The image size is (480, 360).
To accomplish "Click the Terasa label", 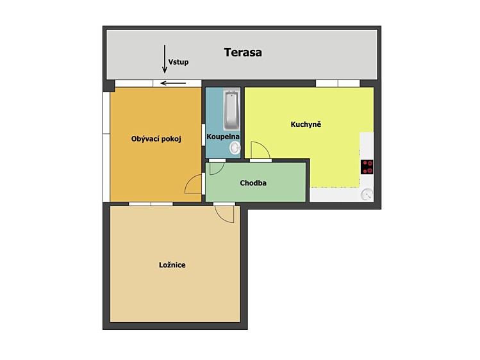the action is (243, 53).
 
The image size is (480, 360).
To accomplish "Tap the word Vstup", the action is (178, 62).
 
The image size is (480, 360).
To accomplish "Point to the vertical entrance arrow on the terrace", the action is (165, 59).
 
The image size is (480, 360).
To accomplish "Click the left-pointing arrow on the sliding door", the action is (173, 83).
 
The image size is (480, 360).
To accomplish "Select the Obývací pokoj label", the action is (156, 139).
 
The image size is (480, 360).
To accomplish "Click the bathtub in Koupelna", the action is (232, 110).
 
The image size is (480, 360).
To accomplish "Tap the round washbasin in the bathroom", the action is (235, 149).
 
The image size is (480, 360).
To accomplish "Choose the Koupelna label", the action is (223, 136).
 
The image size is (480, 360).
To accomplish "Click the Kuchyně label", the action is (306, 124).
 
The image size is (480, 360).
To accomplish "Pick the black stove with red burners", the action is (367, 167).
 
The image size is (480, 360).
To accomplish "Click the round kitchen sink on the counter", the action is (367, 194).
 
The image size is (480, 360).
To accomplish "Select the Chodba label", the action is (253, 183).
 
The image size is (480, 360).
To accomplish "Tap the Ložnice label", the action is (172, 265).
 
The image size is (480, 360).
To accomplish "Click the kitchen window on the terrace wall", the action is (338, 83).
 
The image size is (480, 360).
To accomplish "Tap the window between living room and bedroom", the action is (151, 204).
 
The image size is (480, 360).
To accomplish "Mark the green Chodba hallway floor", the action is (256, 183).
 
